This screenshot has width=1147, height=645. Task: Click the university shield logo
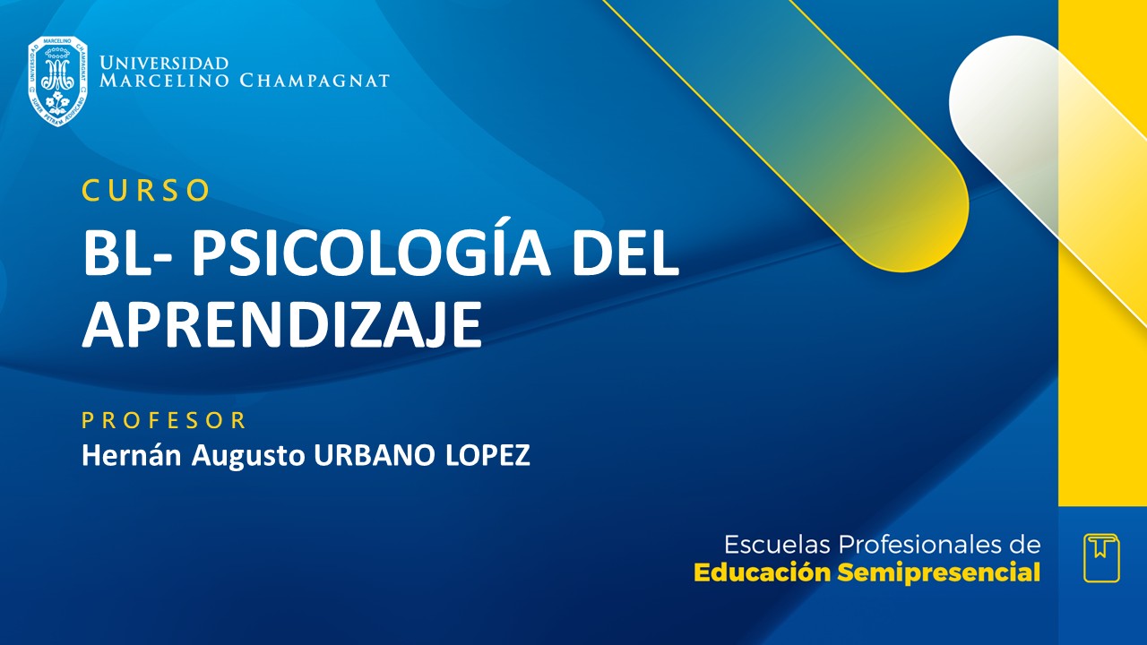(57, 81)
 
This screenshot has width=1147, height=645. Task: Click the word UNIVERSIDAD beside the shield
(164, 64)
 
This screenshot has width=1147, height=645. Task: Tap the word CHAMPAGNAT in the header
(315, 81)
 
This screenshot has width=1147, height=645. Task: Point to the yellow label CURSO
(146, 190)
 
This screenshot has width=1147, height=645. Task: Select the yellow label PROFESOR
(164, 420)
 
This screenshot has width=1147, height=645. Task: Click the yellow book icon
(1101, 557)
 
